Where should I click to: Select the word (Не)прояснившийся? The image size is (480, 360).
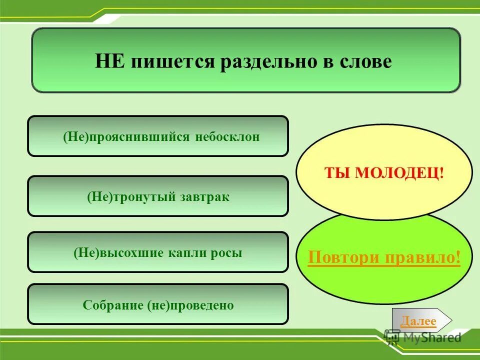click(122, 137)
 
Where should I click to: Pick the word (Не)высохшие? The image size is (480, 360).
click(118, 253)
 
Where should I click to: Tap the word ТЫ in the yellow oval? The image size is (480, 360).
click(337, 173)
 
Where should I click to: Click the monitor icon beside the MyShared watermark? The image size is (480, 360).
click(392, 338)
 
